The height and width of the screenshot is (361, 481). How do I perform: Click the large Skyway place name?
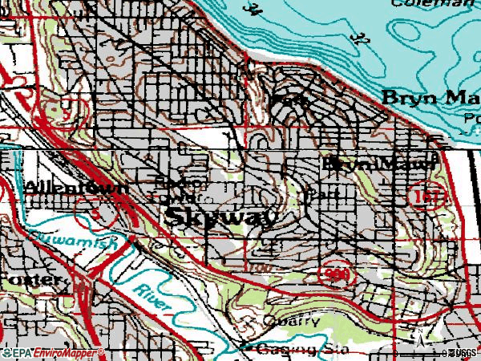point(222,217)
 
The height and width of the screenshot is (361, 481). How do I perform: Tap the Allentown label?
point(76,187)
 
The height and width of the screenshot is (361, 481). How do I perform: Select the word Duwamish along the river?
point(70,239)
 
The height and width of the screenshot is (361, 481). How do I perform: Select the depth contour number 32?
point(360,37)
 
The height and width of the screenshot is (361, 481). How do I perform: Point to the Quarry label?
point(293,320)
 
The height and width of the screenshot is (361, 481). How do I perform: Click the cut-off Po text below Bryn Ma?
point(472,116)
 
